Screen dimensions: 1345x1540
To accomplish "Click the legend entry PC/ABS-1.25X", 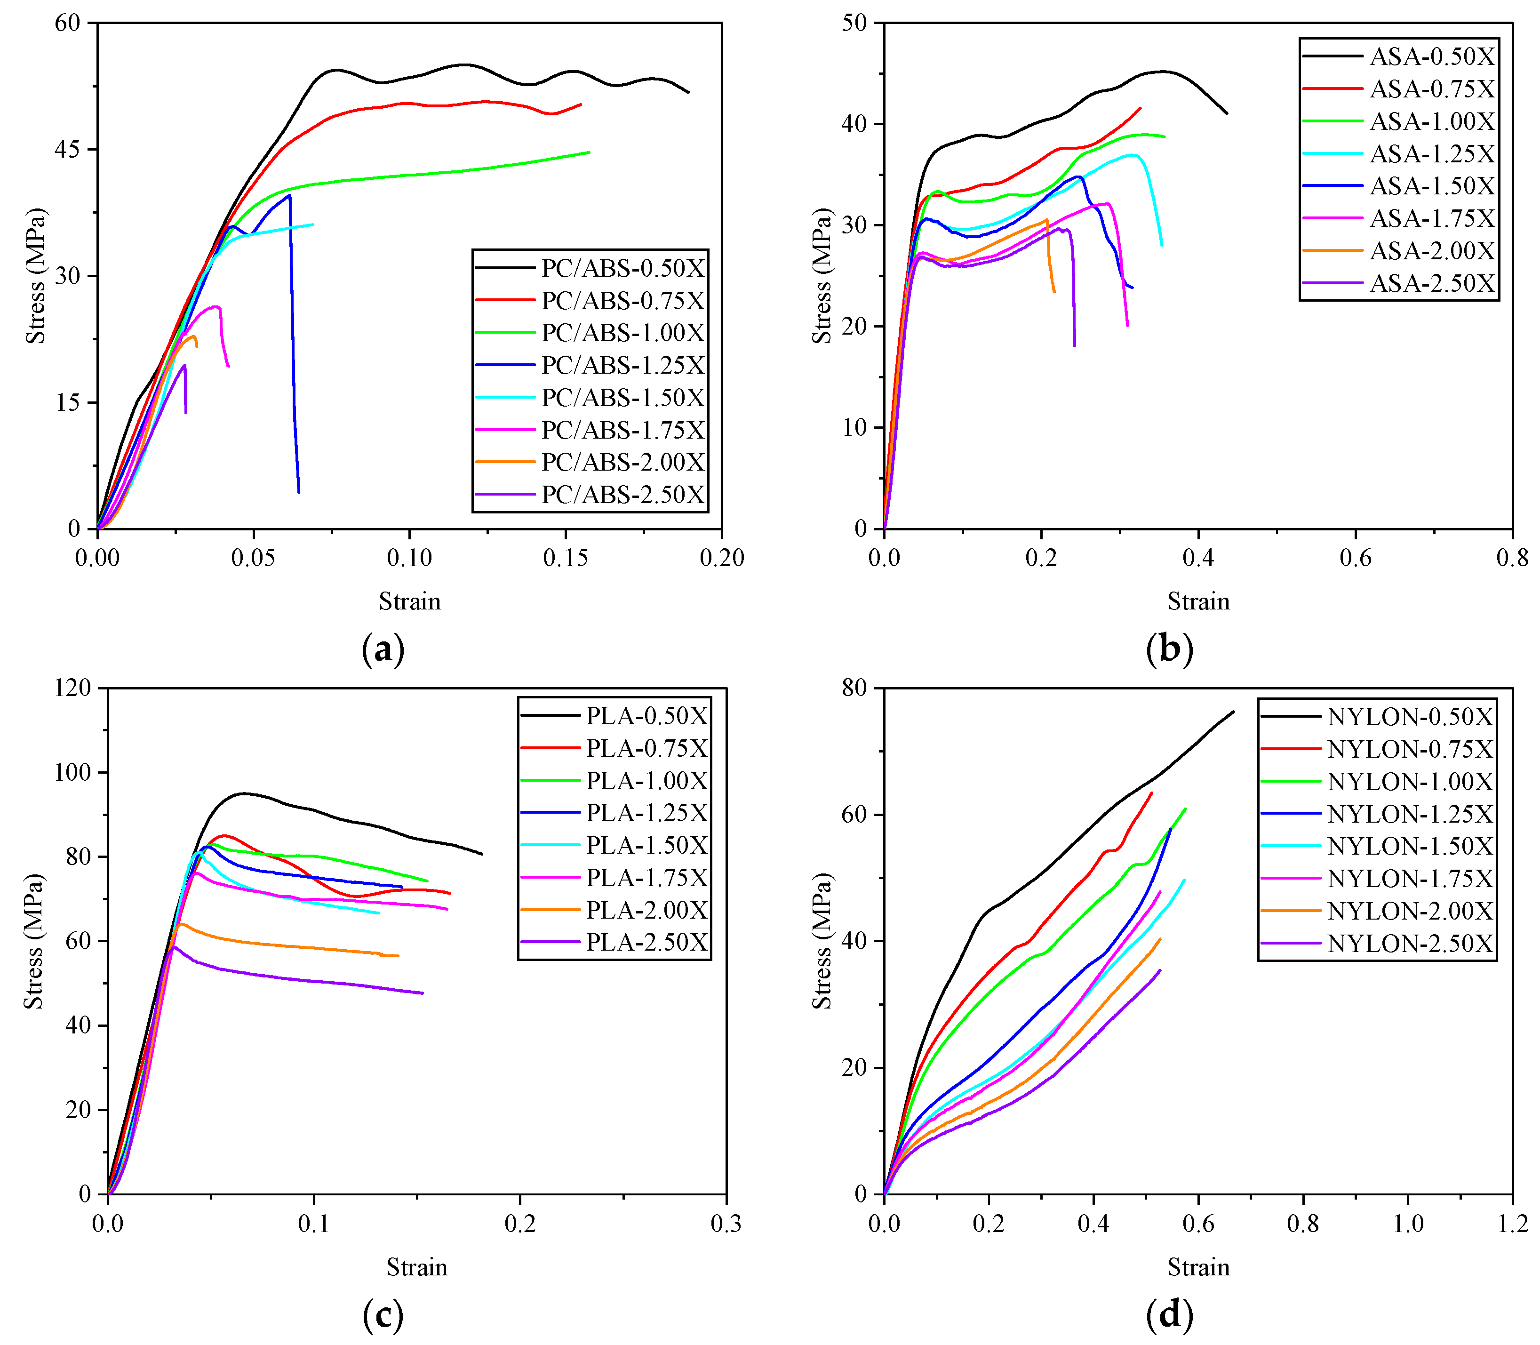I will click(x=623, y=366).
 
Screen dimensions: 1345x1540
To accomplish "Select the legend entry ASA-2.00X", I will click(x=1432, y=251).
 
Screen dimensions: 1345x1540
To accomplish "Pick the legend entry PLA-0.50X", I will click(x=647, y=716).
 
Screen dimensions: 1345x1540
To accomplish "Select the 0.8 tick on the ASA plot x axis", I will click(x=1511, y=558).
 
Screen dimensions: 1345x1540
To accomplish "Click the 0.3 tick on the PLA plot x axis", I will click(x=726, y=1224).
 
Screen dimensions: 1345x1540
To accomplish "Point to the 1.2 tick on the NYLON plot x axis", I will click(x=1511, y=1224).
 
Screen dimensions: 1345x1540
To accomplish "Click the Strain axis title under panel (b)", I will click(x=1198, y=601).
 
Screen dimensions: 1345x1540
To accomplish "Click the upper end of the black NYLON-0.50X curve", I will click(x=1233, y=712).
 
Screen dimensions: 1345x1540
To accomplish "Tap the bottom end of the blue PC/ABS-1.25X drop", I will click(x=299, y=492).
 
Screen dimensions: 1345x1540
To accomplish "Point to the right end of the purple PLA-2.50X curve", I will click(x=423, y=993).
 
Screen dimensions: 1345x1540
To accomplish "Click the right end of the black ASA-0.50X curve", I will click(x=1226, y=113).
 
